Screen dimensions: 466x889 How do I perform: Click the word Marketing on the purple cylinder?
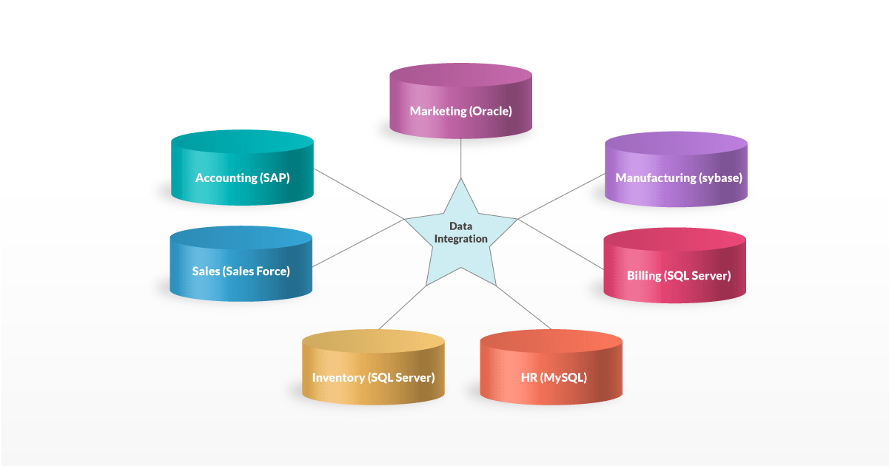[437, 112]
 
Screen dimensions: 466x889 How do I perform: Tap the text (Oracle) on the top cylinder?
[490, 112]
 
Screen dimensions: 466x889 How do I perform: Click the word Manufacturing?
[656, 178]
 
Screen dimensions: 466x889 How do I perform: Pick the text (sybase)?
[720, 178]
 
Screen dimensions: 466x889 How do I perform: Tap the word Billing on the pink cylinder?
[644, 276]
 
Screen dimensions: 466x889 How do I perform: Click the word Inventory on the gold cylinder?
[338, 377]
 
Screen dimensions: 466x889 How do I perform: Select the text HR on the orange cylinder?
[529, 377]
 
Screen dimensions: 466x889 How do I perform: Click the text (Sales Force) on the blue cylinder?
[256, 271]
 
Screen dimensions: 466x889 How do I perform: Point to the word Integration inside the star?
[460, 239]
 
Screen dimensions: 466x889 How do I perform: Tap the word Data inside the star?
[460, 226]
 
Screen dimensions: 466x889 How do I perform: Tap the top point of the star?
[460, 180]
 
